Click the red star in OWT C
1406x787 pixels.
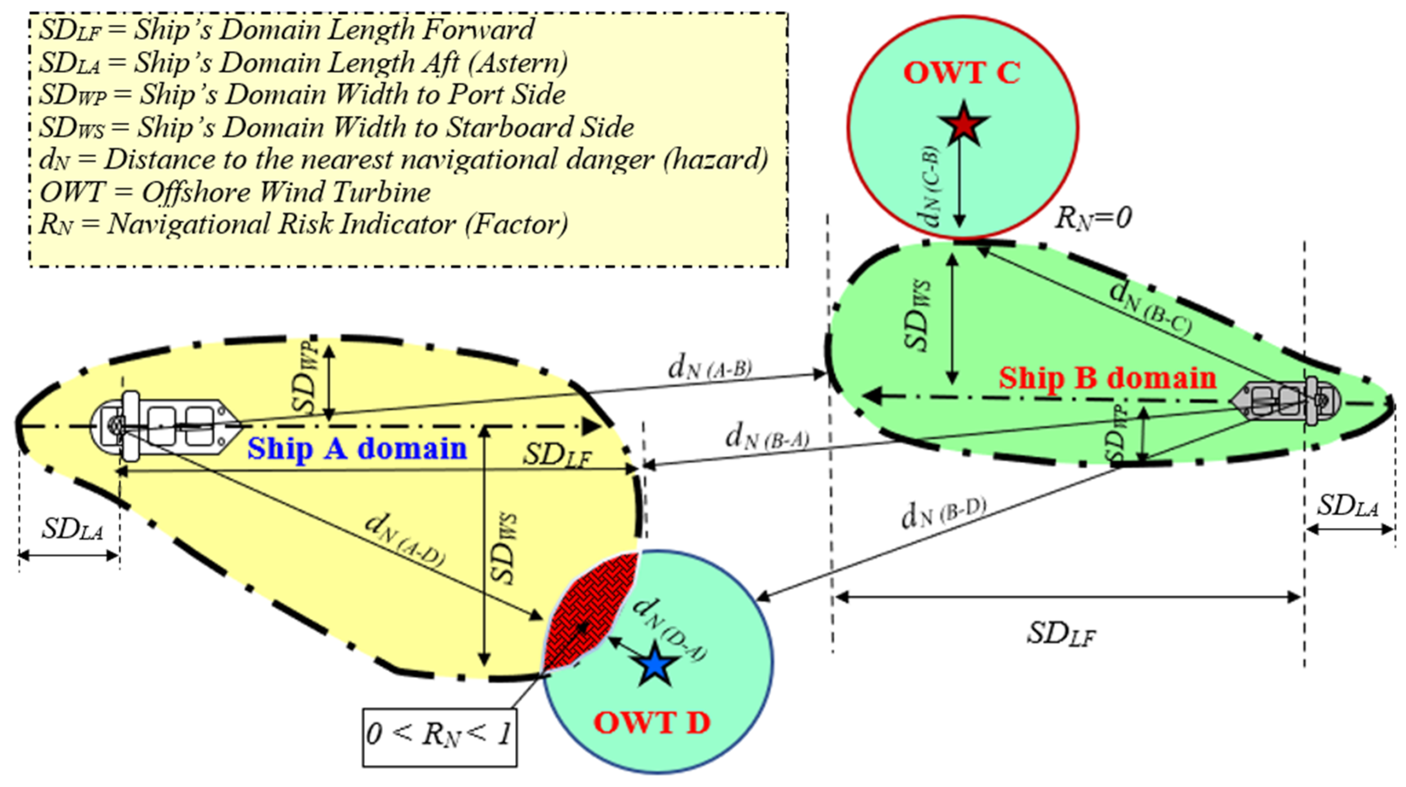pos(963,125)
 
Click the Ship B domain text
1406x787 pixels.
pos(1108,378)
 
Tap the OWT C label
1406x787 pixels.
pos(962,73)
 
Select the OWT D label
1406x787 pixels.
pos(652,723)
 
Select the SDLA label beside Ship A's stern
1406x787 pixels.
pos(73,529)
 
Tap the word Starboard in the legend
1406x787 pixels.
pos(510,127)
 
